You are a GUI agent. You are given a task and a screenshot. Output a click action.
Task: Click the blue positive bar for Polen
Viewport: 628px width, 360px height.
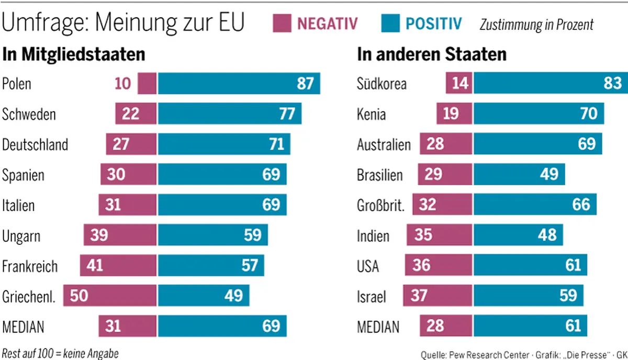click(x=239, y=84)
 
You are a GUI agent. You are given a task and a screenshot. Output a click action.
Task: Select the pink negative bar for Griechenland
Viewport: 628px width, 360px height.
click(x=110, y=296)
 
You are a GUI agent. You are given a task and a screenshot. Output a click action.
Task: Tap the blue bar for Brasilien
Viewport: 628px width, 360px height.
click(x=519, y=174)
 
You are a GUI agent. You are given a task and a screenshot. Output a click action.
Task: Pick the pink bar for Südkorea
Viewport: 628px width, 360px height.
click(x=459, y=84)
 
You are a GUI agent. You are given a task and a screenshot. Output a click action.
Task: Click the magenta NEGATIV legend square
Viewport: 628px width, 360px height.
click(x=282, y=24)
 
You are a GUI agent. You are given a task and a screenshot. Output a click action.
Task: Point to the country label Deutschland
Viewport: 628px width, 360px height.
click(x=35, y=144)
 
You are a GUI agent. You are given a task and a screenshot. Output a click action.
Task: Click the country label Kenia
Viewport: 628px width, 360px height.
click(x=371, y=114)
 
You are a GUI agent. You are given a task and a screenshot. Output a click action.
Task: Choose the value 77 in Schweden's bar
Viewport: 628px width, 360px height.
click(x=287, y=114)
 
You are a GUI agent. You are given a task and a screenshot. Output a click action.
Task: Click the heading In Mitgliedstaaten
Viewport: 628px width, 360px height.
click(x=74, y=54)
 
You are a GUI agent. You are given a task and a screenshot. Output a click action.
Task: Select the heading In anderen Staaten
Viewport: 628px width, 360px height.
click(x=431, y=54)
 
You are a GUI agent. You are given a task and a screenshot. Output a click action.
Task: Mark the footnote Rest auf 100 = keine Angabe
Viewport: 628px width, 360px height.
click(x=60, y=353)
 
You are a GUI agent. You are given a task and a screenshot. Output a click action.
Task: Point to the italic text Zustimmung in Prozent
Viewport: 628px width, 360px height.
click(x=536, y=24)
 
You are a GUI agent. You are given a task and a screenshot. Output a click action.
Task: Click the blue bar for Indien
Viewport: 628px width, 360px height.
click(x=518, y=235)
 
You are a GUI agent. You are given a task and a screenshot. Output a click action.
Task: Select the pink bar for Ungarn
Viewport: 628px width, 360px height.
click(x=120, y=235)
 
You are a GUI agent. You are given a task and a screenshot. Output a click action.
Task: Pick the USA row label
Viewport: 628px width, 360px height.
click(x=368, y=266)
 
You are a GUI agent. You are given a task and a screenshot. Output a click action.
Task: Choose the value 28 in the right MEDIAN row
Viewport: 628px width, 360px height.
click(x=435, y=326)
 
